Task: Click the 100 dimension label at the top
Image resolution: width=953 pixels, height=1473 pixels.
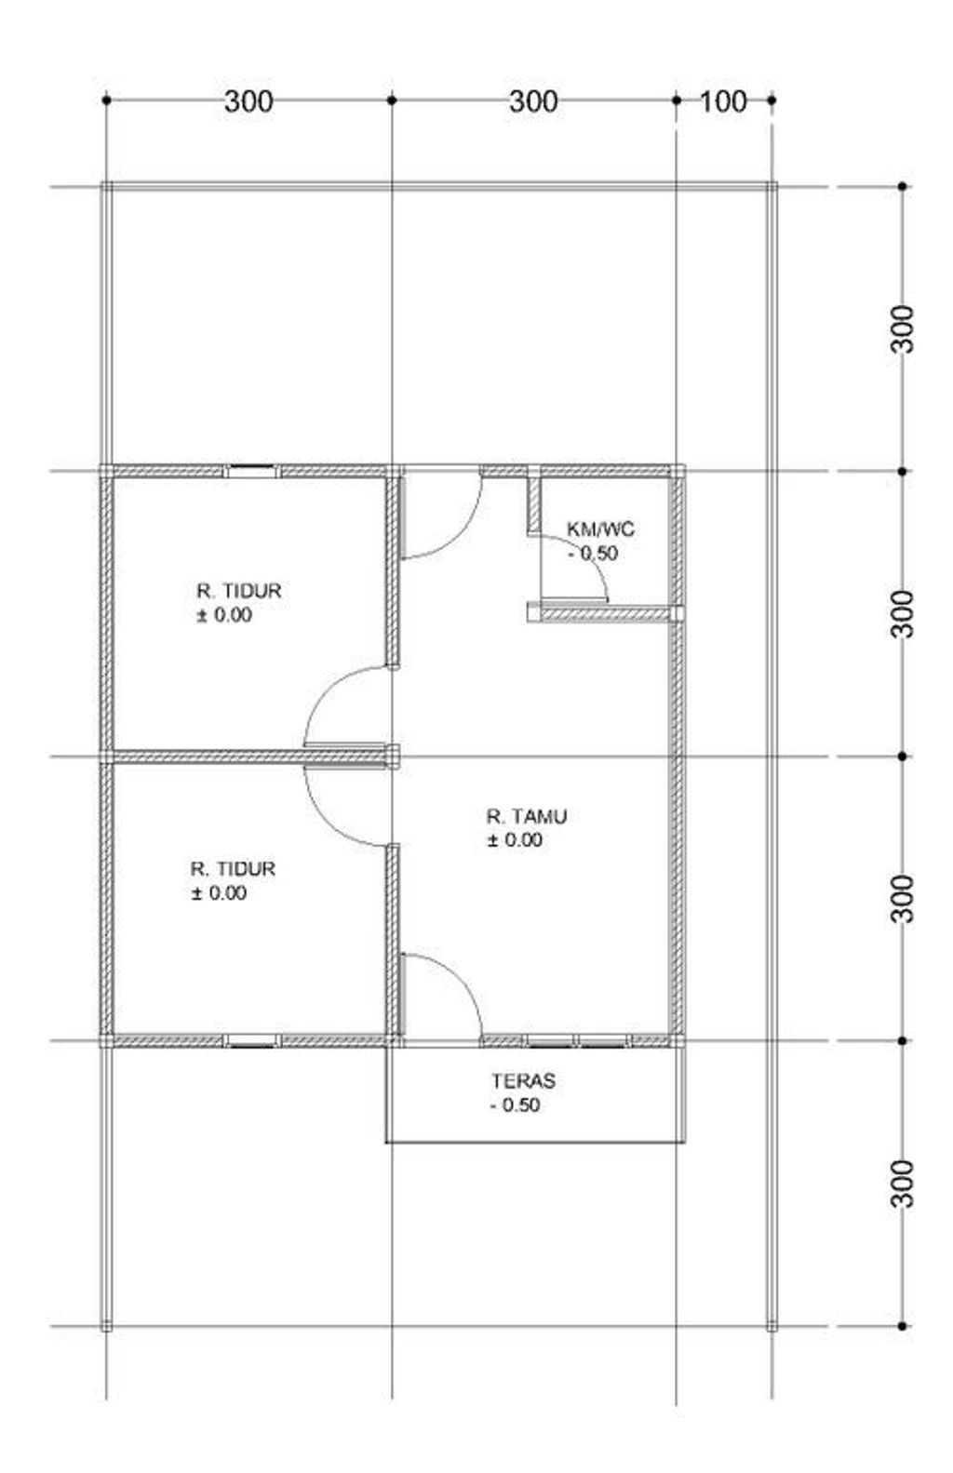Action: pos(722,101)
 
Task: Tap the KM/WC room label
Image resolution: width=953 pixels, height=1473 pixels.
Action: pos(600,529)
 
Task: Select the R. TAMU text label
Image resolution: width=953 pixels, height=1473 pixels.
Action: pos(526,817)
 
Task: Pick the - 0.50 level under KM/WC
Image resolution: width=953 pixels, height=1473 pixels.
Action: pos(593,553)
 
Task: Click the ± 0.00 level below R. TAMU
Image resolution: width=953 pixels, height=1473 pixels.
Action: pos(515,839)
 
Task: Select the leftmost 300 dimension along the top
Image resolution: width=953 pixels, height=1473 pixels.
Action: pos(248,101)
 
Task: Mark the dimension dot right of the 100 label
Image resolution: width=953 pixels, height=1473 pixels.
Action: pos(772,100)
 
